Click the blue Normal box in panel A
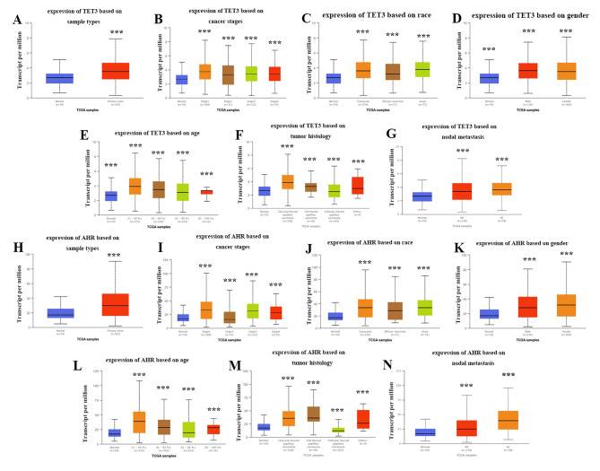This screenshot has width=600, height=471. point(59,78)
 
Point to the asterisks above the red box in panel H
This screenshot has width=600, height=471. point(116,257)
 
